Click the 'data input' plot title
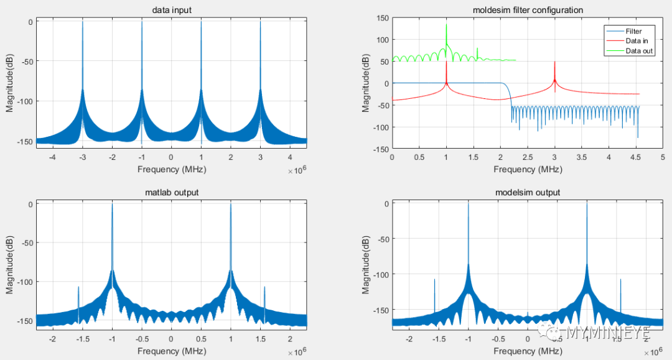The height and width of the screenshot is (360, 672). pos(171,11)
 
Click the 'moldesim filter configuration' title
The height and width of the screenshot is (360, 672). pos(526,11)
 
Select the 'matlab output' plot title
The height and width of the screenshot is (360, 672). pos(171,193)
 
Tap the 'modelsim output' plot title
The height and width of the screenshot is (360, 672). pos(526,193)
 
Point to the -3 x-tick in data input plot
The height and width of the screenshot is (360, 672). pos(82,158)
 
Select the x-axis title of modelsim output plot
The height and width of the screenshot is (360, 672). pos(526,351)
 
